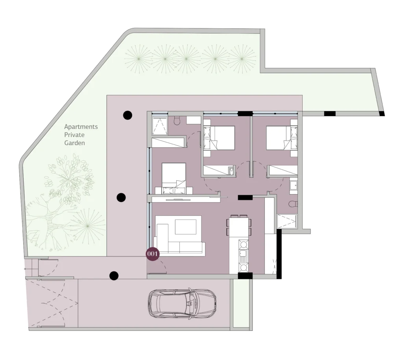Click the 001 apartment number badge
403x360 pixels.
[x=152, y=254]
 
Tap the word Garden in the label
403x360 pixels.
[x=74, y=143]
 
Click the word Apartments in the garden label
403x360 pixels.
[x=81, y=127]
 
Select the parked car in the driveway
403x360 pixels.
[x=182, y=303]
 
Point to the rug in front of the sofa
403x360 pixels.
[x=186, y=227]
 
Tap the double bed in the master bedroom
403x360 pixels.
[x=174, y=178]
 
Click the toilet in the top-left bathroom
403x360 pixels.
[x=177, y=121]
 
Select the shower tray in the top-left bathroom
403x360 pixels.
[x=160, y=126]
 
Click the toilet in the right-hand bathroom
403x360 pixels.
[x=293, y=204]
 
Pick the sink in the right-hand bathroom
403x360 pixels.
[x=294, y=185]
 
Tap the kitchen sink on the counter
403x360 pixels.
[x=243, y=255]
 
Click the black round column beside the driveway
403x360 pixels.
[x=114, y=276]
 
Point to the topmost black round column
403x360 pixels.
[x=128, y=115]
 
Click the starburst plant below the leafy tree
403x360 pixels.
[x=88, y=226]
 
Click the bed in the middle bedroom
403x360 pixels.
[x=219, y=138]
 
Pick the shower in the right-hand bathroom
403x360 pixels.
[x=287, y=221]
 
